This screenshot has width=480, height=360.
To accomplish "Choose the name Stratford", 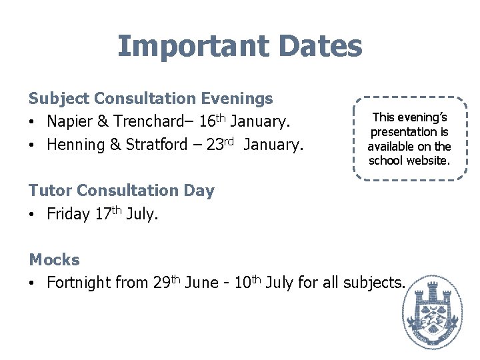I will pyautogui.click(x=155, y=145).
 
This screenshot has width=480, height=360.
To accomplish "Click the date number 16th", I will pyautogui.click(x=211, y=121).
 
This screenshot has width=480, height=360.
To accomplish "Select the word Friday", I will pyautogui.click(x=68, y=214).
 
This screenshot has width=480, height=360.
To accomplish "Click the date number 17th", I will pyautogui.click(x=108, y=213).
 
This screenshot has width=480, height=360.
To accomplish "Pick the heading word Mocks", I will pyautogui.click(x=54, y=260).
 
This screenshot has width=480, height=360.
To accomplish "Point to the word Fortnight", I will pyautogui.click(x=79, y=283).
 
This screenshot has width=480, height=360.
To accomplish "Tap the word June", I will pyautogui.click(x=203, y=283).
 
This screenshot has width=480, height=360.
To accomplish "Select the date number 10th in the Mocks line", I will pyautogui.click(x=248, y=282).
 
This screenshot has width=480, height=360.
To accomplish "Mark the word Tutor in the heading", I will pyautogui.click(x=51, y=191).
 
